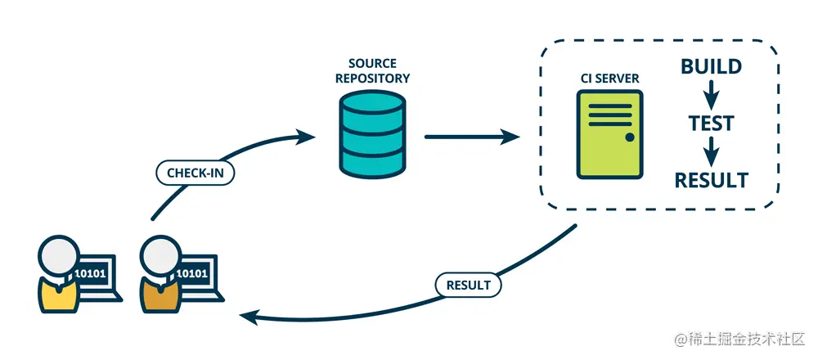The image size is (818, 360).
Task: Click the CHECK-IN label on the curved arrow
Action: pos(195,173)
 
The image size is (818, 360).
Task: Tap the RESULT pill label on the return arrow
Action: pos(468,286)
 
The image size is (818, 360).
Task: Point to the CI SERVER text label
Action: pos(609,78)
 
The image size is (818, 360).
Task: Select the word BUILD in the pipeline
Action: pos(711,66)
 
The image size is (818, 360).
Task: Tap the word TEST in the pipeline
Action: pos(710,124)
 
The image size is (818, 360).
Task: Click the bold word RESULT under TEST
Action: pos(710,180)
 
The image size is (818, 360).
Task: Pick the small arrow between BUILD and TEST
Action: pos(711,94)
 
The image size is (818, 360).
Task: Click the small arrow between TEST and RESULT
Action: pos(711,151)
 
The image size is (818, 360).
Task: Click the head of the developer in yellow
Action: pos(56,256)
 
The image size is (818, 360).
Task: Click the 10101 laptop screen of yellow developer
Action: pos(90,273)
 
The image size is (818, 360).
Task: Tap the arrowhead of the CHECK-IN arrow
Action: pos(308,133)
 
